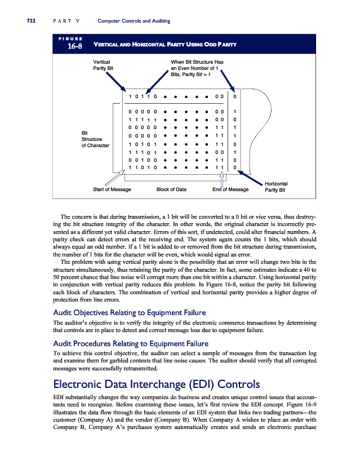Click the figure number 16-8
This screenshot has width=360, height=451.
coord(70,47)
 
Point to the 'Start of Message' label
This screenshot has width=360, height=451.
coord(112,189)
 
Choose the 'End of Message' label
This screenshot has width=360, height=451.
coord(230,189)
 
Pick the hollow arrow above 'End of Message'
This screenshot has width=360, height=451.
coord(223,178)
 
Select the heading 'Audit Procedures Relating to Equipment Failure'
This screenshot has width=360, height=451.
coord(131,343)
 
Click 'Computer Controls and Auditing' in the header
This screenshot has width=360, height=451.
coord(134,21)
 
